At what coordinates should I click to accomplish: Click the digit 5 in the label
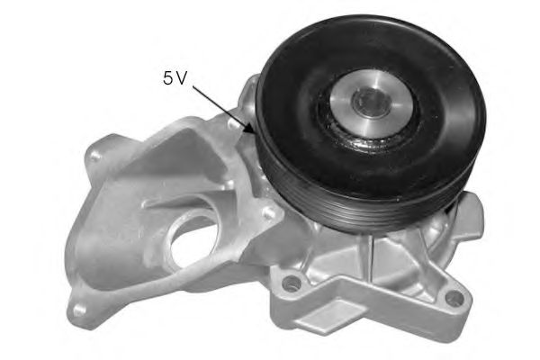click(x=167, y=78)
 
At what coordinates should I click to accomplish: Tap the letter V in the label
click(x=181, y=78)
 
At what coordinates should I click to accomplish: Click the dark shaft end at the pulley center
click(x=371, y=102)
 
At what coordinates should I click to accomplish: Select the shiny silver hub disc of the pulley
click(x=371, y=103)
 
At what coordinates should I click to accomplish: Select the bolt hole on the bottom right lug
click(x=454, y=298)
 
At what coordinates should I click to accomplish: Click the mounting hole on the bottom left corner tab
click(x=79, y=310)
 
